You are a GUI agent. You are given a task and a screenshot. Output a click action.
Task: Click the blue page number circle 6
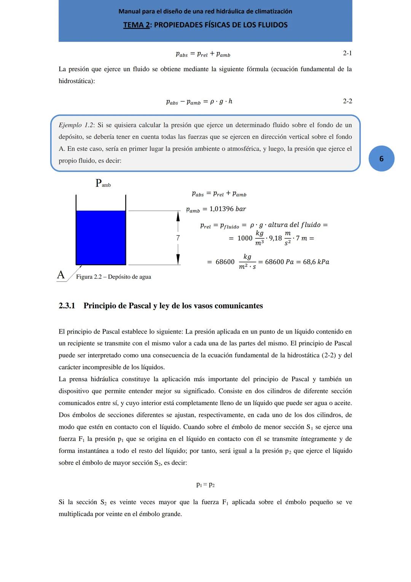tap(381, 159)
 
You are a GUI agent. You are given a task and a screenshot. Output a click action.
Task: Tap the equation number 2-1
tap(347, 53)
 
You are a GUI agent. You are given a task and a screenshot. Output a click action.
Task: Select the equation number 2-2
tap(347, 101)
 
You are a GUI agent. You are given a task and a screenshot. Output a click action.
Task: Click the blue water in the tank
tap(101, 237)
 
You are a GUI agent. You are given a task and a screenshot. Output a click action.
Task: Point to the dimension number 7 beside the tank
tap(178, 238)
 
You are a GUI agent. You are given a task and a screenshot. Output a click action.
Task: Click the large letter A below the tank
tap(61, 274)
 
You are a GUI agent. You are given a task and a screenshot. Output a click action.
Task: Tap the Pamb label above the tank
tap(103, 183)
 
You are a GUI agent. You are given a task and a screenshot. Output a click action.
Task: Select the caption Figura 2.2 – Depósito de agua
tap(113, 277)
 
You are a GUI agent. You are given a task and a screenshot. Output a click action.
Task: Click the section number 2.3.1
tap(67, 306)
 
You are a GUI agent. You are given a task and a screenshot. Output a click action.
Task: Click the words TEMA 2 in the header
tap(136, 25)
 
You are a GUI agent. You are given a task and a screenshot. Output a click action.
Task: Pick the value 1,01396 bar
tap(228, 209)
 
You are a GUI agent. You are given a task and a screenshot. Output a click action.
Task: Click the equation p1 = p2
tap(205, 485)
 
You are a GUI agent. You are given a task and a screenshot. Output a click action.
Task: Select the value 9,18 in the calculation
tap(276, 238)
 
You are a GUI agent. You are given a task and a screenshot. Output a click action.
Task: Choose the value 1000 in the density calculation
tap(245, 238)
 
